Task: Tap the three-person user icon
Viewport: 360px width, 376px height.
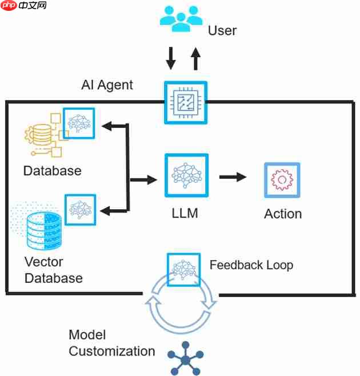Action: tap(181, 19)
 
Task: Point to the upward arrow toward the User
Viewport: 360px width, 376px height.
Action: tap(195, 58)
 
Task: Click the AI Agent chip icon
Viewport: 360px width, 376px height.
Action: tap(185, 102)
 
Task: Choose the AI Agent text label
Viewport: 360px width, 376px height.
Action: tap(107, 85)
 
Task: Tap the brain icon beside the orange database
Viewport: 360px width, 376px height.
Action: tap(79, 123)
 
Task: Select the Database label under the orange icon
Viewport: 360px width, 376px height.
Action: tap(52, 170)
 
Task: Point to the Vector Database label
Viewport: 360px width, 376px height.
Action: tap(53, 270)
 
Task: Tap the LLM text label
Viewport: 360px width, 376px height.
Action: tap(185, 214)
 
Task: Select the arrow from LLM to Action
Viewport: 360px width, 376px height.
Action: tap(233, 177)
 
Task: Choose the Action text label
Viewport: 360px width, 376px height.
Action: tap(282, 214)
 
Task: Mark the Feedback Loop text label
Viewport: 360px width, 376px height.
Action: tap(251, 265)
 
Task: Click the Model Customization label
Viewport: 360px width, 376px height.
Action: tap(111, 343)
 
